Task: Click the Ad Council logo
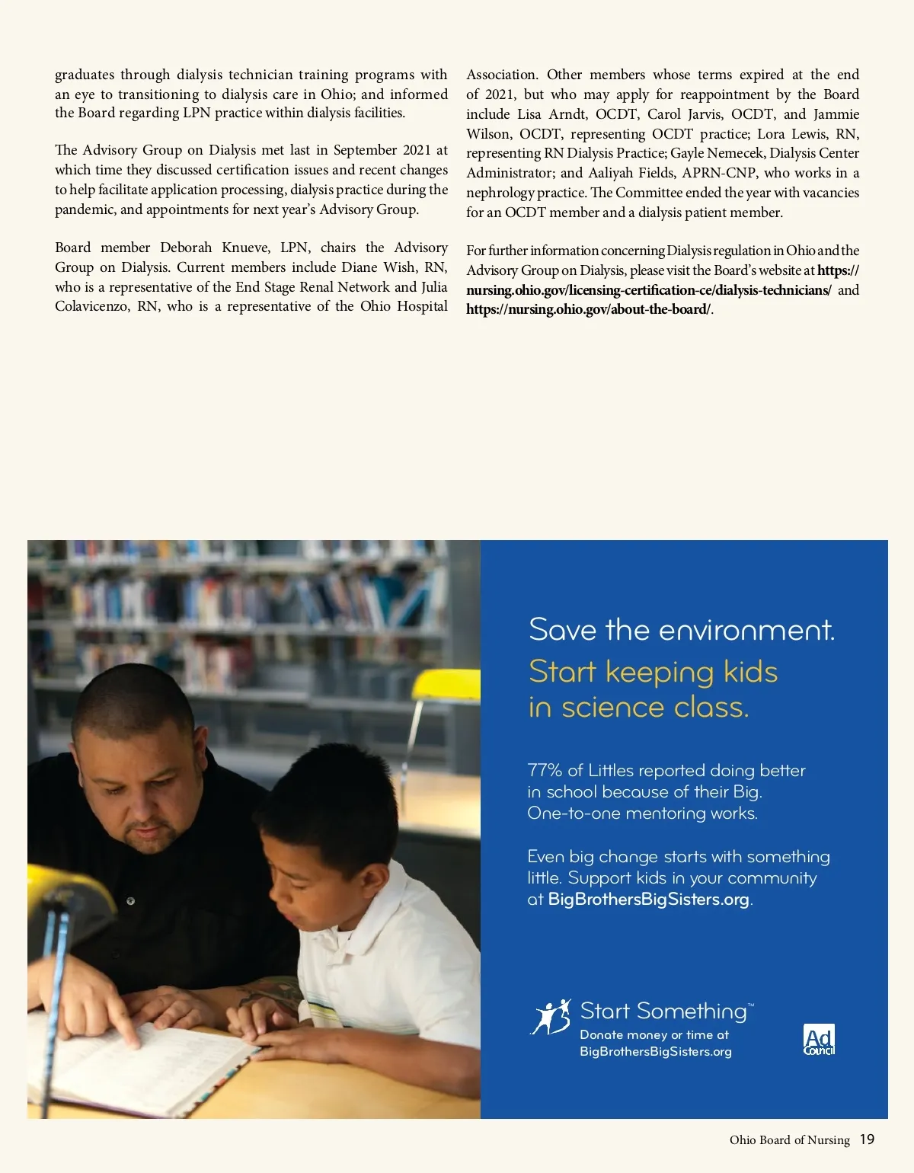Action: (x=819, y=1040)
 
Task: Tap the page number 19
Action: (x=867, y=1139)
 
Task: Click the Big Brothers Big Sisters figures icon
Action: (x=551, y=1017)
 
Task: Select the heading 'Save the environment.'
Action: (x=681, y=630)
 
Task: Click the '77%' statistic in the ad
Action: (x=545, y=770)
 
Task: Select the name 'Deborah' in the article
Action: (x=186, y=248)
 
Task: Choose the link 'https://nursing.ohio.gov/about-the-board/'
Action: (x=588, y=309)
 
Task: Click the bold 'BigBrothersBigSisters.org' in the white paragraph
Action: (x=648, y=900)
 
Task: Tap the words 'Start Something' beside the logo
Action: (x=663, y=1012)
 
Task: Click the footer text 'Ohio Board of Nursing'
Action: (x=789, y=1140)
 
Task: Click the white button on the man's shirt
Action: (x=131, y=900)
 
